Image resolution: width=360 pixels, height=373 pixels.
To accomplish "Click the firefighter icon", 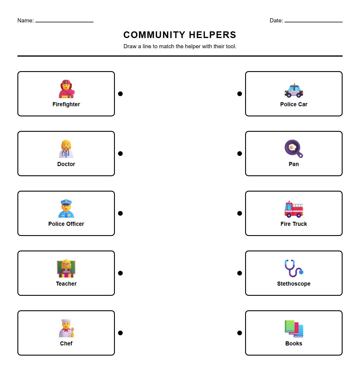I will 66,89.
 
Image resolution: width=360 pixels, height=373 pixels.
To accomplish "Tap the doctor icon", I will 66,149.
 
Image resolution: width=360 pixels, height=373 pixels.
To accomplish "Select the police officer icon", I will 66,209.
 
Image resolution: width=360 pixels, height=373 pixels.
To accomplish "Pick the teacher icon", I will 66,269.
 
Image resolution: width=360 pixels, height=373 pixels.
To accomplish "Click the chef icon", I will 66,328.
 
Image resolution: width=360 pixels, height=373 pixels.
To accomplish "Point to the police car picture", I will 294,90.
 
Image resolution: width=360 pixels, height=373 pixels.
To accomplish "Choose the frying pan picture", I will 294,149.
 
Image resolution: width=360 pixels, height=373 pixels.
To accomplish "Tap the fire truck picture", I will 294,209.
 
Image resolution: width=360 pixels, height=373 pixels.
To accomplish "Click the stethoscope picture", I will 294,269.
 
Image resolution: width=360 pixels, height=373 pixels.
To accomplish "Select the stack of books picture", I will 294,329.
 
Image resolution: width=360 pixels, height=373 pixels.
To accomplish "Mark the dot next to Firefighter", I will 120,94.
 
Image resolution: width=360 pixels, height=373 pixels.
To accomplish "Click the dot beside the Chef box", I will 120,333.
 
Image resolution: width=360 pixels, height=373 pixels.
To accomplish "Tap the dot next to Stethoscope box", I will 240,273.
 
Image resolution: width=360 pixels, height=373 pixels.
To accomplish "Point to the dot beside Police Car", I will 240,94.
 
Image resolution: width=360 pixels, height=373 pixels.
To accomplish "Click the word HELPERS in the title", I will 212,35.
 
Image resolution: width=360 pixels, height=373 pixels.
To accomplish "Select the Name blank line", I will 64,21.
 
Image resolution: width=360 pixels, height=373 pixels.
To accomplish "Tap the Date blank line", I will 313,21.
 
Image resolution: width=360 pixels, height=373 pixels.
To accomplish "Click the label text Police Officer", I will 66,224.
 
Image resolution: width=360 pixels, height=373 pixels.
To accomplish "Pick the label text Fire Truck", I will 294,224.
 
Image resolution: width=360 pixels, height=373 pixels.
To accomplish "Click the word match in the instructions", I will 167,46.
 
